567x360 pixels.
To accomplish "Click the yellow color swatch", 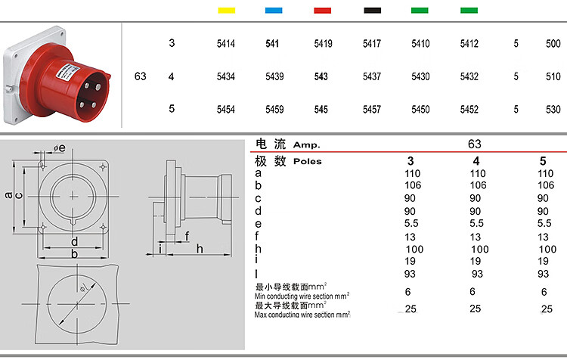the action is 226,10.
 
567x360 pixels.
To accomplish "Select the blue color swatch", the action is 274,10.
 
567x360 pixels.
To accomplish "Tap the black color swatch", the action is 373,10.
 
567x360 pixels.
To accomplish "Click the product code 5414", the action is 225,44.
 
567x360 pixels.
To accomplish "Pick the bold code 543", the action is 321,76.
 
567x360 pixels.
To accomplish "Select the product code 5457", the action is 372,109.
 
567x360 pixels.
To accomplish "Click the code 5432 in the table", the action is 469,76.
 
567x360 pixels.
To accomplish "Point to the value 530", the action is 553,109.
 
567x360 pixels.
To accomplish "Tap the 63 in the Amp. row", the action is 475,144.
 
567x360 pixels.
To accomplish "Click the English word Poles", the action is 308,161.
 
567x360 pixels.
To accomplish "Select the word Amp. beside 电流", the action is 307,145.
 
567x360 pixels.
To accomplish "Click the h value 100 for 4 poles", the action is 480,250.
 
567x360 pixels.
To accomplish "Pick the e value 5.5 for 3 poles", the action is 411,223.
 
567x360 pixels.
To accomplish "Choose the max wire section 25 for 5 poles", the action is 547,309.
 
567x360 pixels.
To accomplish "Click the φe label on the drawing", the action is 59,148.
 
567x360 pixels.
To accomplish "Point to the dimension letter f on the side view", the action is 187,236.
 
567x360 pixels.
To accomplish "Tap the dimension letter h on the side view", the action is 200,249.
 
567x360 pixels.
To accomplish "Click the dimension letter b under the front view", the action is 75,253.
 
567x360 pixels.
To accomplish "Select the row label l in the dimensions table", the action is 256,274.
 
